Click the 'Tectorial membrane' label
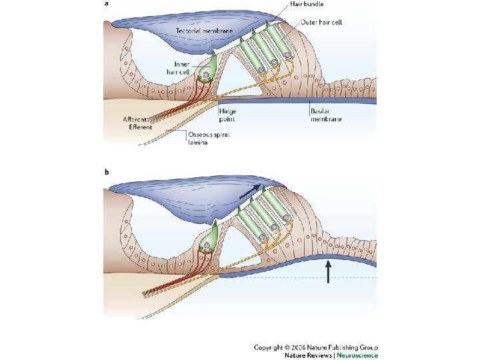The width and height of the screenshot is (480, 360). click(204, 31)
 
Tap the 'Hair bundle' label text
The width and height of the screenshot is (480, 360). click(307, 4)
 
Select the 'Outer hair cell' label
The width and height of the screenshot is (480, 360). click(321, 22)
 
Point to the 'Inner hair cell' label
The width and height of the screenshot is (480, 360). click(179, 68)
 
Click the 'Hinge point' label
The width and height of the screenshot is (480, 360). click(227, 115)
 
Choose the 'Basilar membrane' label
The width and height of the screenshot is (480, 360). click(326, 115)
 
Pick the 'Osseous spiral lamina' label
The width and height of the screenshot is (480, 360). click(209, 139)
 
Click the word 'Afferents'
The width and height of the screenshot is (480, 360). click(135, 119)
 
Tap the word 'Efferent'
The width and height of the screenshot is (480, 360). click(141, 127)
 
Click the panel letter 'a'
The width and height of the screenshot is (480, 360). click(107, 4)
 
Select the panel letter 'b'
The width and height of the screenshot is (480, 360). click(107, 172)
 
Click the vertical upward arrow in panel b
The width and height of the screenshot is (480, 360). click(328, 271)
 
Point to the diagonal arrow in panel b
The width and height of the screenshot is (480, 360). click(251, 191)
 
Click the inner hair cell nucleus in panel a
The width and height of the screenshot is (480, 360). click(206, 75)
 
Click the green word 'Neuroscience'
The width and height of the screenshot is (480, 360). click(357, 355)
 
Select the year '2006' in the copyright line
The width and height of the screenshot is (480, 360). click(299, 347)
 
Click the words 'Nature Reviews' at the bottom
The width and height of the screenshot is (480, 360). click(308, 355)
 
